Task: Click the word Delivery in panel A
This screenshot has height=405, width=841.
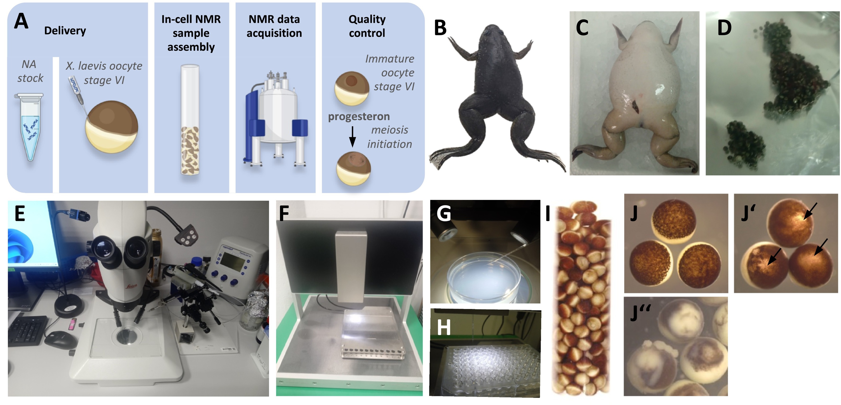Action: [x=65, y=31]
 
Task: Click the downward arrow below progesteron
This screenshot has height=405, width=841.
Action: [x=352, y=137]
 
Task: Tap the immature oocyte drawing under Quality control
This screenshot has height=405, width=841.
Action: [x=352, y=88]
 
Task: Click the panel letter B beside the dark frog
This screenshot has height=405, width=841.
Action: [x=440, y=28]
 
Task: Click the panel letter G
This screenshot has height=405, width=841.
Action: [x=444, y=214]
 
